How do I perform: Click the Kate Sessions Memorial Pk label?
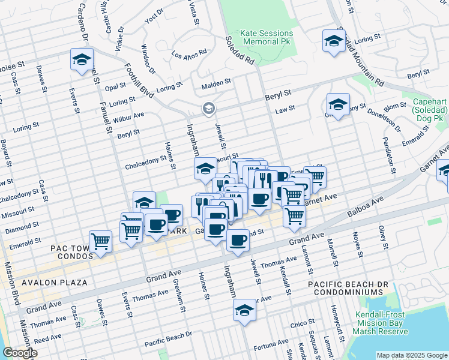(267, 38)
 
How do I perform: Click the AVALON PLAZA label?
(55, 282)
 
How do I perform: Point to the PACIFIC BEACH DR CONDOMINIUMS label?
(345, 287)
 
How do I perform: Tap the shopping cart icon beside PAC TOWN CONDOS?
(101, 241)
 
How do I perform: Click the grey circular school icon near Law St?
(208, 109)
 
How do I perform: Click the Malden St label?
(216, 83)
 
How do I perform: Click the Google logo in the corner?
(20, 353)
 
